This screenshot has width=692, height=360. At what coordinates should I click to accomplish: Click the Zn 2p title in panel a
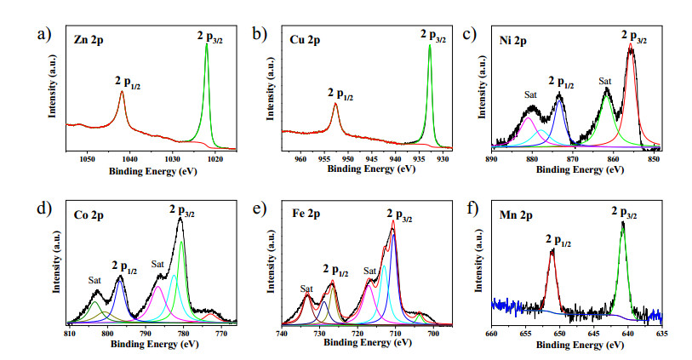89,40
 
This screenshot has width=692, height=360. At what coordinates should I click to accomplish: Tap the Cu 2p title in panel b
305,40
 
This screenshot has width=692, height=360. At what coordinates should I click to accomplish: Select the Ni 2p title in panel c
512,41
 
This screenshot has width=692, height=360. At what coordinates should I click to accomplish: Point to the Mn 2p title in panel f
516,215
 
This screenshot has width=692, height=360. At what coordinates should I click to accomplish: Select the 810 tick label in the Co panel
69,334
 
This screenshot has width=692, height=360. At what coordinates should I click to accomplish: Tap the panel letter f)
472,209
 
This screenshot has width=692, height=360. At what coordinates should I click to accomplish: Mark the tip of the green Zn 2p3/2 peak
207,43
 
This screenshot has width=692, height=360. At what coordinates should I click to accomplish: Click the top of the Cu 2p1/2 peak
335,104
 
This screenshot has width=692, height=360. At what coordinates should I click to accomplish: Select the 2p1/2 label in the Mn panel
558,241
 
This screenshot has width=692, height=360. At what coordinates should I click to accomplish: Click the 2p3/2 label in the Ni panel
634,37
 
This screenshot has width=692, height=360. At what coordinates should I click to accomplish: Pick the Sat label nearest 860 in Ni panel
605,81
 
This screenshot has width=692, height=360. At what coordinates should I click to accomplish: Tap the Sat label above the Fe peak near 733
306,289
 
